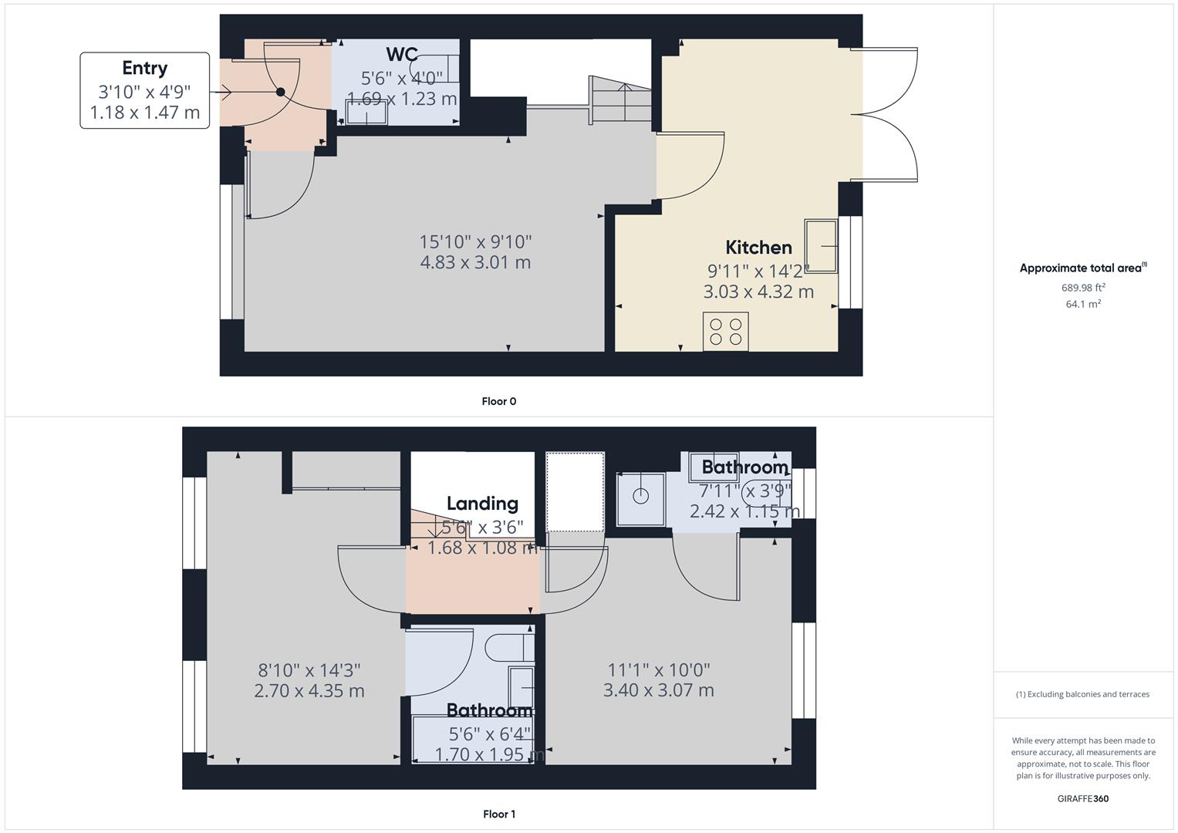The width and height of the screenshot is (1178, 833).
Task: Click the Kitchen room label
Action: (758, 248)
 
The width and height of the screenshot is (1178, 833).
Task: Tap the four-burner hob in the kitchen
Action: (726, 332)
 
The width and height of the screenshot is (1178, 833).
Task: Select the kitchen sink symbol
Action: (821, 246)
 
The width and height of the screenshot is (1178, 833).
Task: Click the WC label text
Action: (402, 55)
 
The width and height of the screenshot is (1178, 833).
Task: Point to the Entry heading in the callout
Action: (144, 68)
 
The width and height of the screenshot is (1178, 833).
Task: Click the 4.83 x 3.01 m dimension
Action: (475, 262)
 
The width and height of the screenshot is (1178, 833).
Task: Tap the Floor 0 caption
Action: (499, 401)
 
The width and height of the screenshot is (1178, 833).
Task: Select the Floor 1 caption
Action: (499, 814)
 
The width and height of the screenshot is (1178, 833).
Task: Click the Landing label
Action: (482, 504)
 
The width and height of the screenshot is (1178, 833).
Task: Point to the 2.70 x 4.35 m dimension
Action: (309, 691)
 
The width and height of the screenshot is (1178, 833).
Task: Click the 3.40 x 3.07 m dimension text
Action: (659, 690)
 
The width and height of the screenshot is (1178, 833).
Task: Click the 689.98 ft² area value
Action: (1083, 288)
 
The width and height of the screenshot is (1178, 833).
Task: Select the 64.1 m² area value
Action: (1083, 304)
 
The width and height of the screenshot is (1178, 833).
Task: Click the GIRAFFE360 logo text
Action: (1083, 799)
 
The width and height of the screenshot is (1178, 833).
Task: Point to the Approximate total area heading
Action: (1082, 268)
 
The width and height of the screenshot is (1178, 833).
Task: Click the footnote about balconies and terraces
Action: (1083, 694)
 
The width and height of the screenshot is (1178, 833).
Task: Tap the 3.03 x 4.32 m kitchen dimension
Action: (758, 292)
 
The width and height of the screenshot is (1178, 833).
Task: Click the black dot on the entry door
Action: (281, 93)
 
